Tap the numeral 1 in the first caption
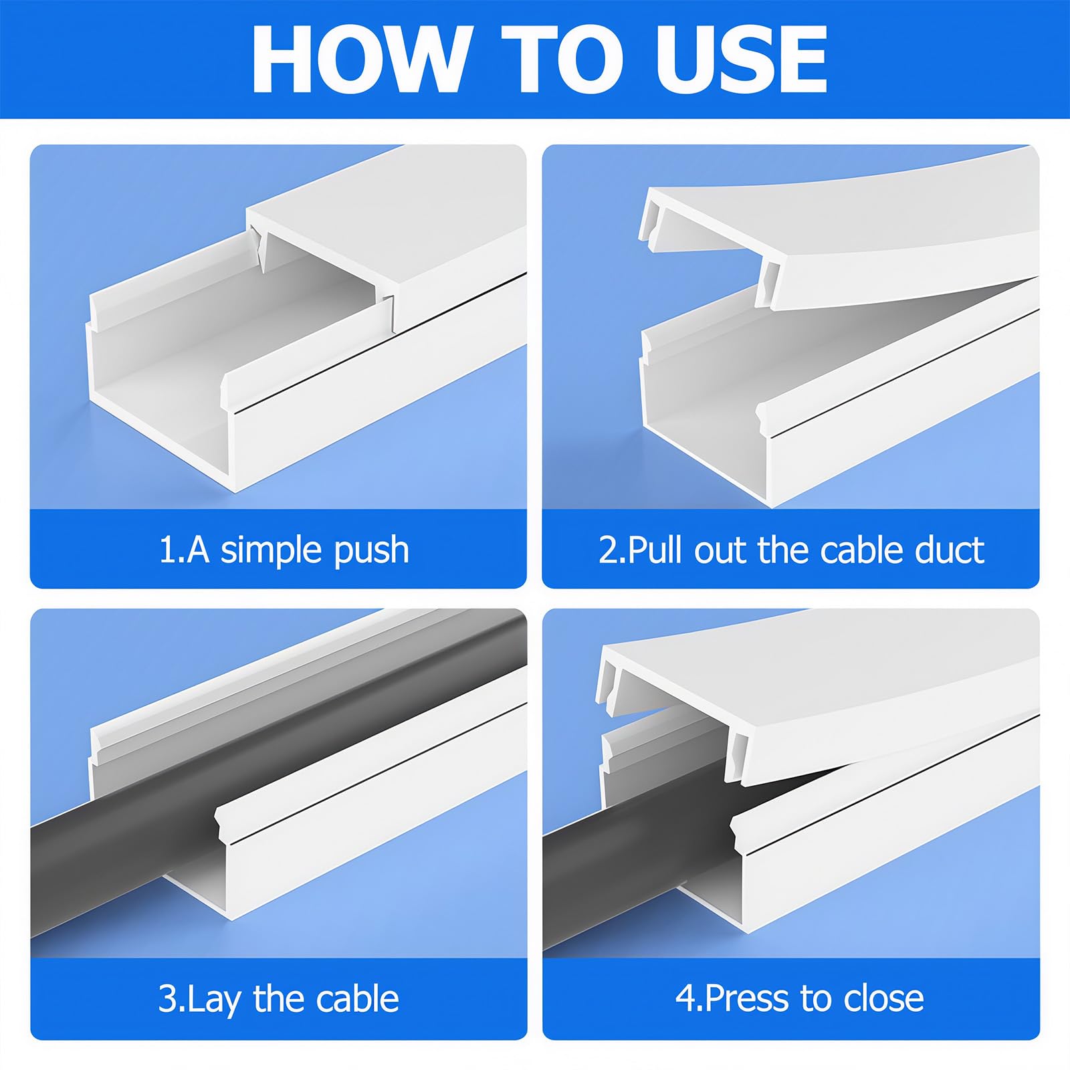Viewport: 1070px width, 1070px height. point(167,550)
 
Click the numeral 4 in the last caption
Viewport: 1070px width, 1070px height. point(686,998)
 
